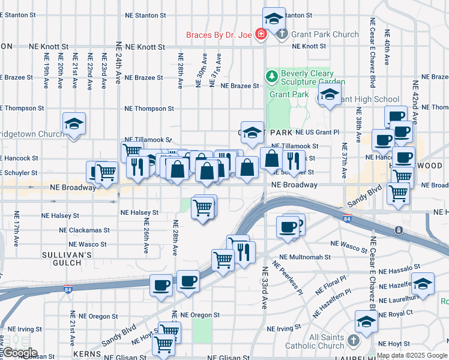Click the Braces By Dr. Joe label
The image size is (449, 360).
(218, 34)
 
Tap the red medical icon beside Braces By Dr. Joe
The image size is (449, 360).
(261, 34)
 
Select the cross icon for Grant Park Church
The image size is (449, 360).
(283, 34)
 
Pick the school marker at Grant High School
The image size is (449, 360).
(330, 94)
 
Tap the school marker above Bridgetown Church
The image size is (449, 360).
(74, 124)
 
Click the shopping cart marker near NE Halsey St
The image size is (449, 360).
(203, 208)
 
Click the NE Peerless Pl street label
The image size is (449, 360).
(288, 277)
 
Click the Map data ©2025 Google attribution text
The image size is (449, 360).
(411, 355)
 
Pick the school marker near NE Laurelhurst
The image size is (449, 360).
(423, 285)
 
